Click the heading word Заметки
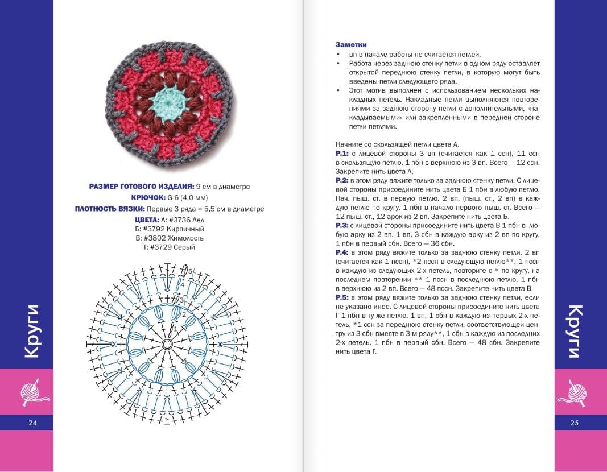[x=351, y=45]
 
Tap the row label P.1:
[x=342, y=154]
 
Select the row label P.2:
[x=342, y=180]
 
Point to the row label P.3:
[x=342, y=225]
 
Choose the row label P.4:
[x=342, y=251]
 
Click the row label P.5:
[x=342, y=297]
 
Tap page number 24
[x=32, y=423]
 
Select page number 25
[x=575, y=423]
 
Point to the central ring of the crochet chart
[x=167, y=345]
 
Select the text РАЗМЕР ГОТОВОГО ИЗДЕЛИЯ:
[x=142, y=187]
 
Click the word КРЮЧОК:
[x=148, y=197]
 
